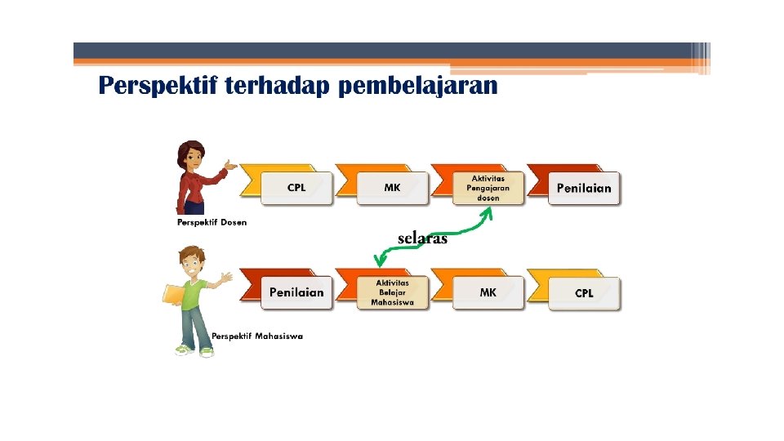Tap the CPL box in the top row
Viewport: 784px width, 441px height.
(296, 188)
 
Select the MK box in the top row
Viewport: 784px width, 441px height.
(393, 188)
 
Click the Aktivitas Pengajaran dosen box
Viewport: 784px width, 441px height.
(488, 188)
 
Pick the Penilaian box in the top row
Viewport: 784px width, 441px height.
(583, 188)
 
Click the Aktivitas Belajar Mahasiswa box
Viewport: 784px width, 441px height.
(393, 292)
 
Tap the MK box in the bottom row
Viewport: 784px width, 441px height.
(488, 292)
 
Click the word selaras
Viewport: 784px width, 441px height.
(422, 238)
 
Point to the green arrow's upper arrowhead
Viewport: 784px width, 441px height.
(488, 212)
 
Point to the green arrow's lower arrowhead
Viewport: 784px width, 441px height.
(379, 262)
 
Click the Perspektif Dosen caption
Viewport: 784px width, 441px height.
(212, 222)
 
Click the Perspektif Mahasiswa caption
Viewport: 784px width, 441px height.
(257, 336)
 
